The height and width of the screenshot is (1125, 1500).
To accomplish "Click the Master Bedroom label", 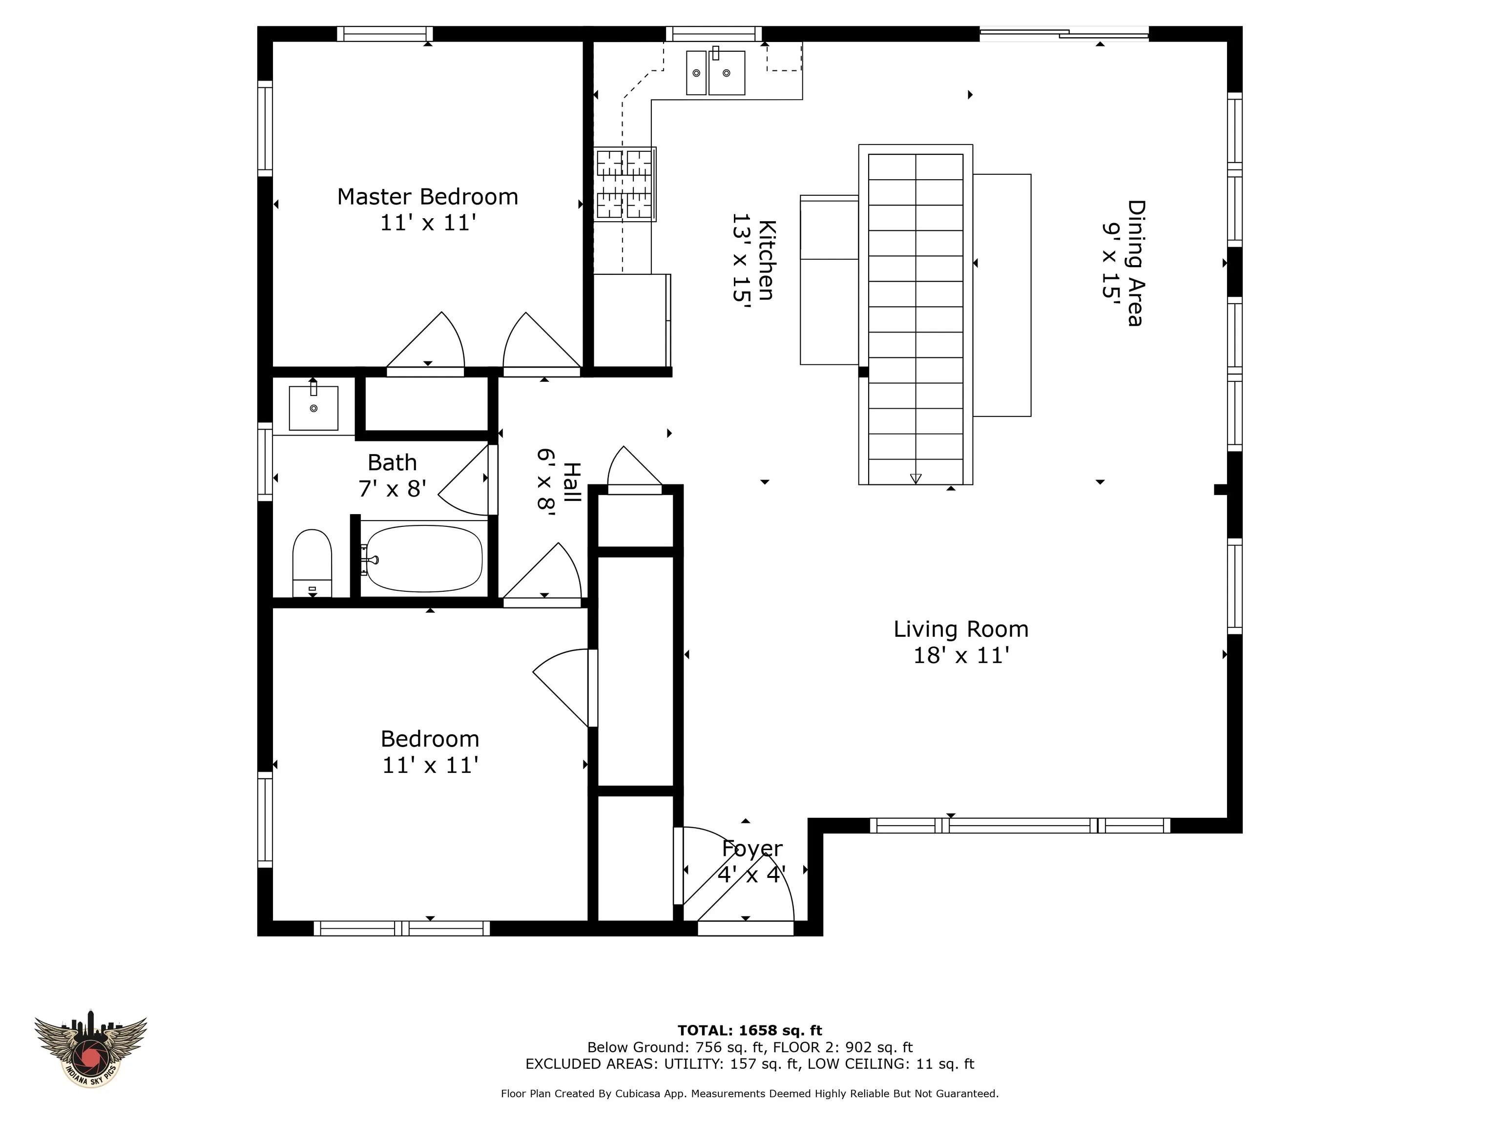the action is (427, 197).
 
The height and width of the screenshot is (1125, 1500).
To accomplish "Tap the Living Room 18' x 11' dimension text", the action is (961, 655).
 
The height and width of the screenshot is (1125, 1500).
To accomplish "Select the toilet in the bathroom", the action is (312, 563).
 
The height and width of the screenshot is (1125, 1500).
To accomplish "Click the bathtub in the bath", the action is (424, 558).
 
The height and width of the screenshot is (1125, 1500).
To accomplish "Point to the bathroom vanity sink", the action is (313, 408).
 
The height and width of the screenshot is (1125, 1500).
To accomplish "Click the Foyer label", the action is (752, 848).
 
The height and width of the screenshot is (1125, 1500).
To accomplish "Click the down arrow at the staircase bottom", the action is (916, 478).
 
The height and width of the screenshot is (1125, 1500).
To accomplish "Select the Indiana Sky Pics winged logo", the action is (90, 1051).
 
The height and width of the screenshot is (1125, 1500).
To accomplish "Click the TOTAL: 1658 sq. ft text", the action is (750, 1031).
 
